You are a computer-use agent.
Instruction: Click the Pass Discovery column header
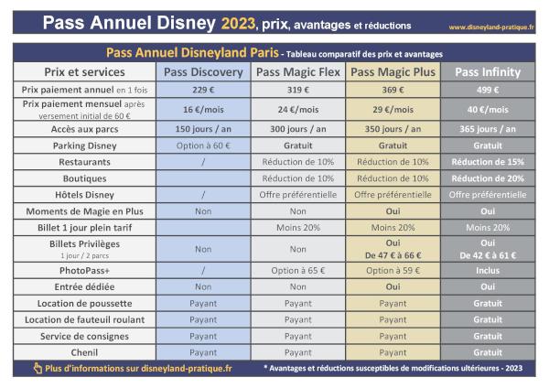click(x=202, y=72)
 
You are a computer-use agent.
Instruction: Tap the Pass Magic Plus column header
click(x=393, y=72)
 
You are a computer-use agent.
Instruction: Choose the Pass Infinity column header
click(x=488, y=72)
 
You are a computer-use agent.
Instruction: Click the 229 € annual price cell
click(x=202, y=90)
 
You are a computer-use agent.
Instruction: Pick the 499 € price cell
click(x=488, y=90)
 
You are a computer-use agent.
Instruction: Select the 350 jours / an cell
click(x=393, y=128)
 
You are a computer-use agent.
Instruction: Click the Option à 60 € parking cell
click(x=202, y=145)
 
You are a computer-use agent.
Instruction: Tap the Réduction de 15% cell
click(x=488, y=161)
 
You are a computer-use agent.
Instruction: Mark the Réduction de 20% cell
click(x=488, y=178)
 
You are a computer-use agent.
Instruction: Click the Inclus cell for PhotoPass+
click(x=488, y=271)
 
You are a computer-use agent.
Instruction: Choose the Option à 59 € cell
click(x=393, y=271)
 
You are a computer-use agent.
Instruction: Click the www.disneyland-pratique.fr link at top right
click(x=491, y=27)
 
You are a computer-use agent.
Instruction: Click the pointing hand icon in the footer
click(x=37, y=368)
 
